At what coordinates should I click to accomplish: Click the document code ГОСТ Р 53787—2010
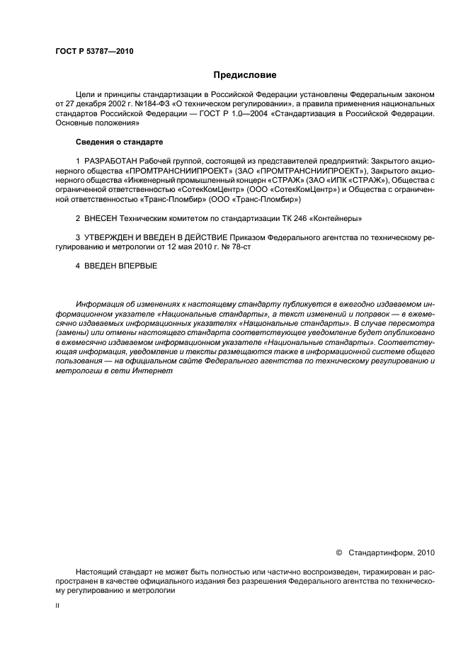coord(94,52)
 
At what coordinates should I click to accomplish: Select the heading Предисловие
coord(245,74)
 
